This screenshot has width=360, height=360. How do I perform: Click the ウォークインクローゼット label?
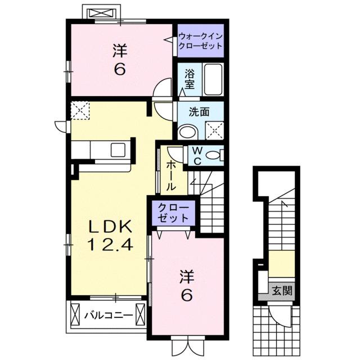pyautogui.click(x=201, y=42)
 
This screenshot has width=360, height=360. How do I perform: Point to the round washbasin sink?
pyautogui.click(x=186, y=132)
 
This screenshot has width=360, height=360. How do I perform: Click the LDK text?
pyautogui.click(x=111, y=226)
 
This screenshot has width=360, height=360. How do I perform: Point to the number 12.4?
pyautogui.click(x=110, y=245)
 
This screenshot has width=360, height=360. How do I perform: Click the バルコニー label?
pyautogui.click(x=109, y=315)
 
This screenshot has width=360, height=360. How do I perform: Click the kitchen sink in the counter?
pyautogui.click(x=119, y=150)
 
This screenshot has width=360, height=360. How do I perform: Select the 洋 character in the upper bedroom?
pyautogui.click(x=118, y=51)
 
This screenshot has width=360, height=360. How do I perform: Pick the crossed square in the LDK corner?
pyautogui.click(x=80, y=110)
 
